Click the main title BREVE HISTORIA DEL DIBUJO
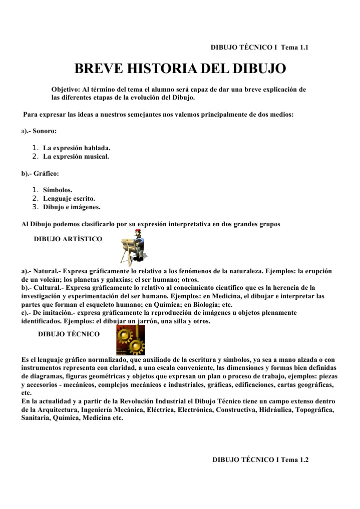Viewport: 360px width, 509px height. click(180, 69)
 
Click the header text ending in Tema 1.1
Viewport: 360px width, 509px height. click(259, 48)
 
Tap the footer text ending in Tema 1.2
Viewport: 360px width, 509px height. click(260, 459)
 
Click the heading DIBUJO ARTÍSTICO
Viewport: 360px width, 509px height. click(68, 239)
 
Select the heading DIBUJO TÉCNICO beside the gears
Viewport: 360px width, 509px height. click(69, 334)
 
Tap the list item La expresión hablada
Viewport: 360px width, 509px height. click(77, 149)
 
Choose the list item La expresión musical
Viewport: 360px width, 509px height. click(76, 157)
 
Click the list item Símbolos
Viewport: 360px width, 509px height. click(58, 190)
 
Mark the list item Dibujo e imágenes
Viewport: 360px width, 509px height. click(72, 206)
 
